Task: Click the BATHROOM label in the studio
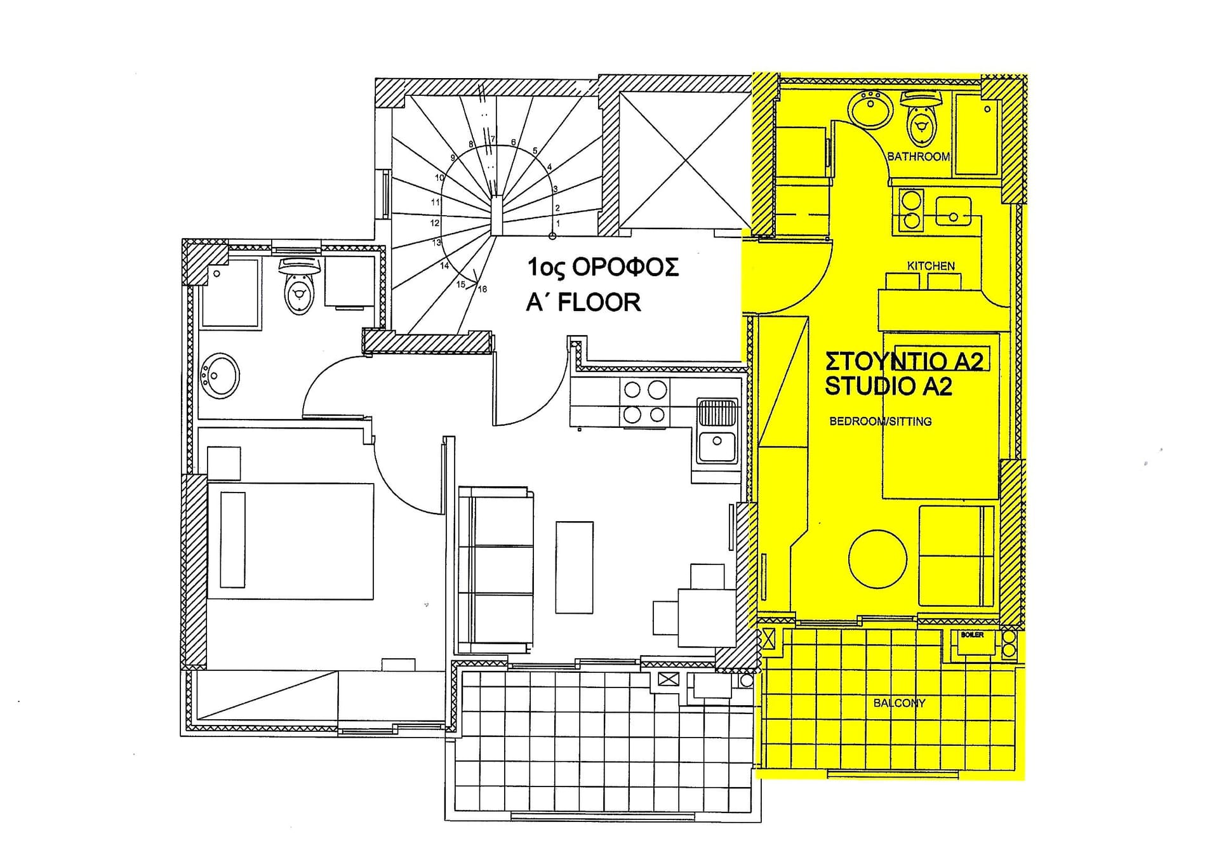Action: click(x=918, y=156)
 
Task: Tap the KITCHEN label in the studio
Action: click(x=931, y=266)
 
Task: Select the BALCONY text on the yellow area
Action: click(x=899, y=703)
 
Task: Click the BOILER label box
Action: click(x=972, y=635)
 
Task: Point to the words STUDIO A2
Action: click(x=888, y=386)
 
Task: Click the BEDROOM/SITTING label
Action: click(x=881, y=421)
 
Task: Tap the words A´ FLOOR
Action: click(x=583, y=302)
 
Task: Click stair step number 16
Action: click(x=483, y=289)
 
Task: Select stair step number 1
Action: click(x=558, y=223)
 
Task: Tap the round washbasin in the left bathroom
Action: click(x=220, y=376)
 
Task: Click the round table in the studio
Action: click(x=877, y=559)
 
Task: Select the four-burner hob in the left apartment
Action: click(x=644, y=402)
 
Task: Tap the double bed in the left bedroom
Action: click(x=290, y=541)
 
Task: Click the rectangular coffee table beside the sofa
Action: click(x=574, y=567)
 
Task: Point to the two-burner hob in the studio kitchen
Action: click(x=912, y=209)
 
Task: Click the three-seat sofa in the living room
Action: click(x=496, y=569)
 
